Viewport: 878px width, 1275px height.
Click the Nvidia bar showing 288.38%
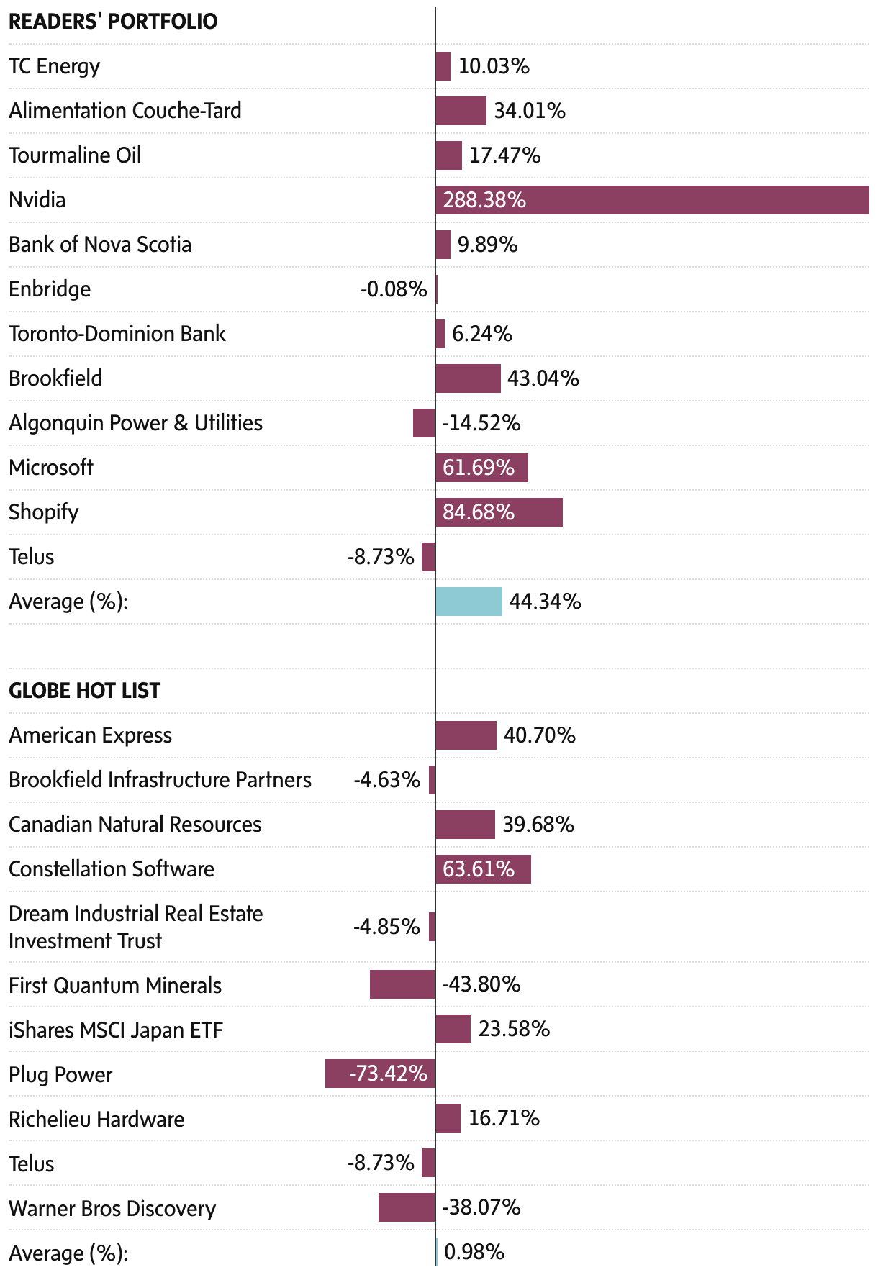tap(652, 200)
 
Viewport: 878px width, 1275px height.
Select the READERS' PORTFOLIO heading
tap(113, 22)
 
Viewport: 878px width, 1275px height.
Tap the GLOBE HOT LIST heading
tap(84, 691)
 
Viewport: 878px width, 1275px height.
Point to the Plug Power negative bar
tap(380, 1074)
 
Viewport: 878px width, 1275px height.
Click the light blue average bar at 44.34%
tap(469, 602)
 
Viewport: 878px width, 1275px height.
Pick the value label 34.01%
tap(530, 111)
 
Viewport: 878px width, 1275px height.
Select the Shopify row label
tap(44, 512)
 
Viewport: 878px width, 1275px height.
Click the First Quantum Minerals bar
tap(402, 984)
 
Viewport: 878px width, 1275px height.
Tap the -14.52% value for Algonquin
tap(481, 423)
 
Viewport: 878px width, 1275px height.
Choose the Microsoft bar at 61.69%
tap(481, 468)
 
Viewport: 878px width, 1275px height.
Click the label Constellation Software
tap(112, 869)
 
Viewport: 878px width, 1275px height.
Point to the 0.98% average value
tap(474, 1252)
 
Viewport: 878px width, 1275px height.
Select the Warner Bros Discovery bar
tap(407, 1207)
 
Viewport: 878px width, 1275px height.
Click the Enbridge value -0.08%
tap(394, 289)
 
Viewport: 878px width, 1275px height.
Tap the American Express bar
tap(466, 735)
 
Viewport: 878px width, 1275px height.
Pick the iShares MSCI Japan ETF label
tap(116, 1030)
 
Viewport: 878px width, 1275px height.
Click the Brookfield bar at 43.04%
tap(468, 378)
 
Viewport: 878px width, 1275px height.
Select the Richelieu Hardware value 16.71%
tap(504, 1118)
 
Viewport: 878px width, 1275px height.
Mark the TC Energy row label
tap(55, 66)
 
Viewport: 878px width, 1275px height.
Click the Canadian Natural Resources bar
tap(465, 825)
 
